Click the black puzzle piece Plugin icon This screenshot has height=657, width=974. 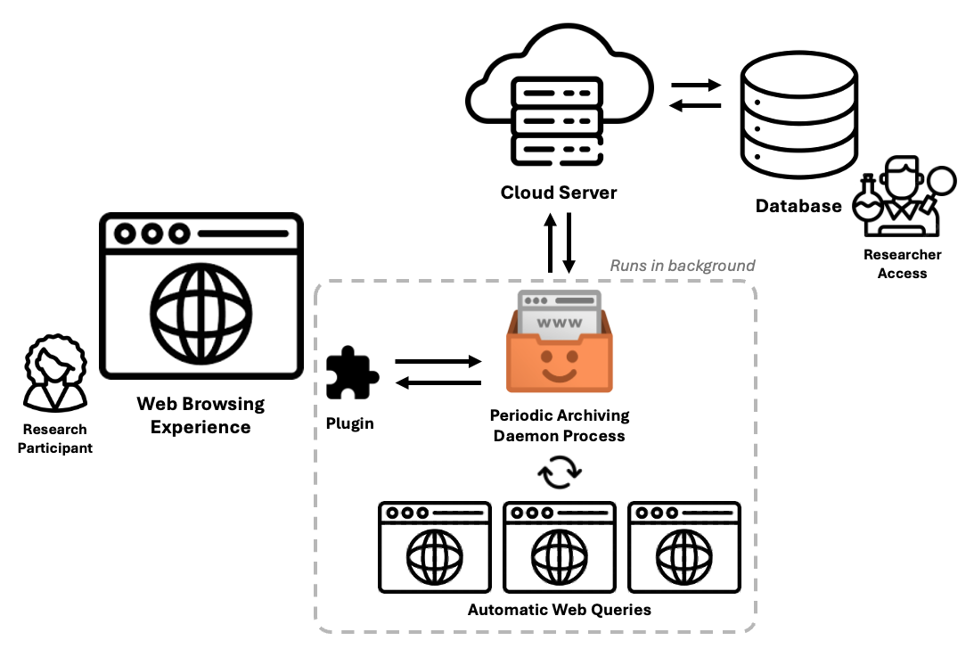(352, 374)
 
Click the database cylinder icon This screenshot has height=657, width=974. (797, 115)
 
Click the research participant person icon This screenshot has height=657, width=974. (54, 374)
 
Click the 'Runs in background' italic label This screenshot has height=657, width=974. (682, 266)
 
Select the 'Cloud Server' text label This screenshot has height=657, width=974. (559, 193)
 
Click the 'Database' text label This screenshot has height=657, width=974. (798, 207)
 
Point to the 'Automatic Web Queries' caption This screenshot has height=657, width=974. (559, 610)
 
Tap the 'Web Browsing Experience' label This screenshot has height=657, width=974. (201, 415)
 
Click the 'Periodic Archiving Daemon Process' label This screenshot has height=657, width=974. (559, 425)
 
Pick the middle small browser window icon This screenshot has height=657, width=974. (559, 547)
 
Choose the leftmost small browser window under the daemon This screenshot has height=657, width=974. (434, 547)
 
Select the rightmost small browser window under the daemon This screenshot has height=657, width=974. (683, 547)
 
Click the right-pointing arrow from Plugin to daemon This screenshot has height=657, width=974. (438, 362)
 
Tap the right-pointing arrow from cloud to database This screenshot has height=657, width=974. (695, 86)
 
